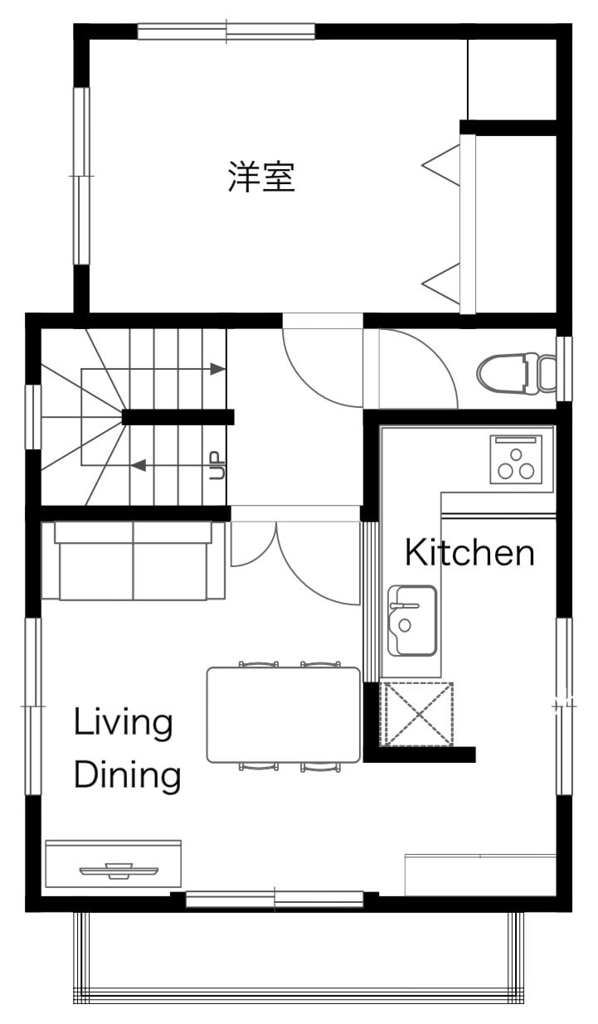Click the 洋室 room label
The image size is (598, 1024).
click(x=261, y=176)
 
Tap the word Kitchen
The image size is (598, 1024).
click(x=469, y=552)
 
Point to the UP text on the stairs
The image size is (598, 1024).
click(x=218, y=465)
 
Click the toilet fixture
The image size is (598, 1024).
click(x=517, y=373)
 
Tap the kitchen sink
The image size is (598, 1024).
click(x=412, y=621)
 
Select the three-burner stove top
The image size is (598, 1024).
click(x=516, y=459)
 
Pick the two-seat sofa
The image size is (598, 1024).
click(x=133, y=561)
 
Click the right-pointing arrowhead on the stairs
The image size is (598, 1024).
click(x=217, y=368)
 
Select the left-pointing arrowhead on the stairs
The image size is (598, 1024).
click(x=139, y=465)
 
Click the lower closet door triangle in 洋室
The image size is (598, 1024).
click(x=440, y=284)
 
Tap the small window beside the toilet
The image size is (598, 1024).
click(x=564, y=369)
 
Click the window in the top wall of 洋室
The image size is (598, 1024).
click(x=226, y=32)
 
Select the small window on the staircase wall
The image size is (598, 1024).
click(x=33, y=417)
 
